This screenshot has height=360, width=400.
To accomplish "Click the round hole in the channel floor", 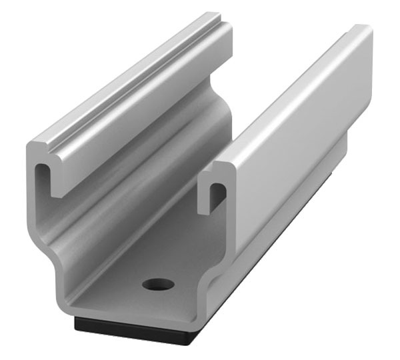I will [158, 284].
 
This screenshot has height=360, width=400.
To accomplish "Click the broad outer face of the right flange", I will [300, 133].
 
